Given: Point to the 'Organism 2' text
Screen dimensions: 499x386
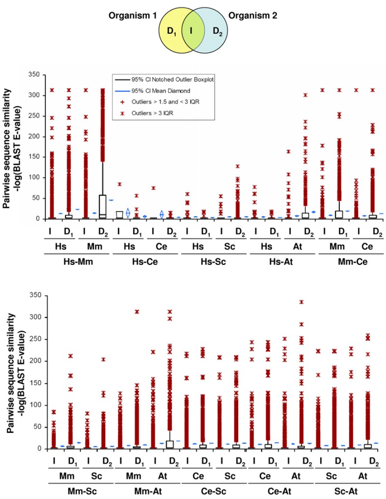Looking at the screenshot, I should click(254, 15).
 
